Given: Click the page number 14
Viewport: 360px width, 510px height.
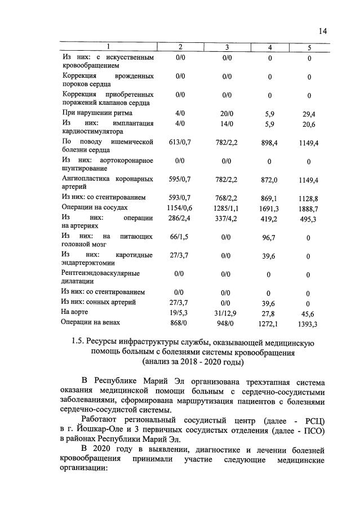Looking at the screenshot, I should click(322, 31).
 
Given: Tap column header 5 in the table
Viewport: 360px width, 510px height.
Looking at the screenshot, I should click(309, 47).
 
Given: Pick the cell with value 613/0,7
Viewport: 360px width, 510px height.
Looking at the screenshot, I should click(180, 143).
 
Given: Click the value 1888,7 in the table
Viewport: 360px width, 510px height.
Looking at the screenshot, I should click(309, 208).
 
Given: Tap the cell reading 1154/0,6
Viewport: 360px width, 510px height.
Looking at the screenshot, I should click(180, 207).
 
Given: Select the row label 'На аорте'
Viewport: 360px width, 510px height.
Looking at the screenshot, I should click(74, 312).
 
